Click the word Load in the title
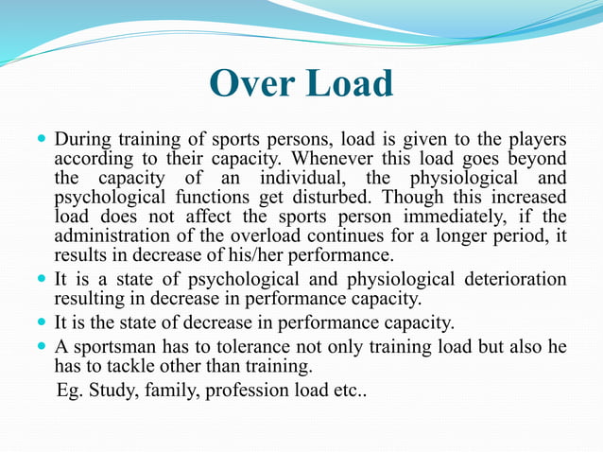tap(344, 84)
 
